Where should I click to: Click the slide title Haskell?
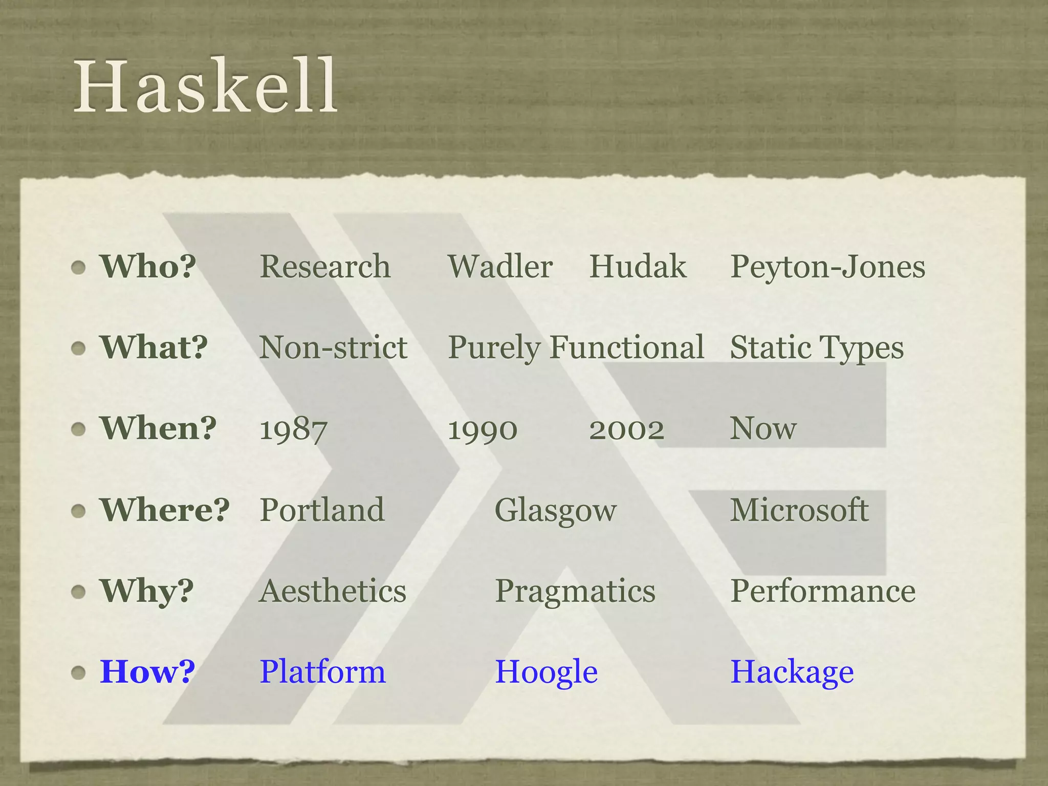coord(206,86)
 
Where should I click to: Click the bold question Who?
coord(148,267)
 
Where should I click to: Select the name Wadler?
coord(500,267)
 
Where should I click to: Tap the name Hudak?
coord(638,267)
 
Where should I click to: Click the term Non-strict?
coord(333,347)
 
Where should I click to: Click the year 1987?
coord(293,429)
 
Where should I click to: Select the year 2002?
coord(626,429)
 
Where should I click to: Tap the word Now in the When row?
coord(763,428)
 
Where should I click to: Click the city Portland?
coord(322,510)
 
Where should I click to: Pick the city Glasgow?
coord(556,511)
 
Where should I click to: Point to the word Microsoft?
coord(799,510)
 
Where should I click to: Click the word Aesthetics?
coord(333,591)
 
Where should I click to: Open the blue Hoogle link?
coord(547,672)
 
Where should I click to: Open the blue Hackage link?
coord(792,672)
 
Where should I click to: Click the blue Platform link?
coord(322,672)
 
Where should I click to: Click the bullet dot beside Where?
coord(78,511)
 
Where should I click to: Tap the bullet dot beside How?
coord(78,672)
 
